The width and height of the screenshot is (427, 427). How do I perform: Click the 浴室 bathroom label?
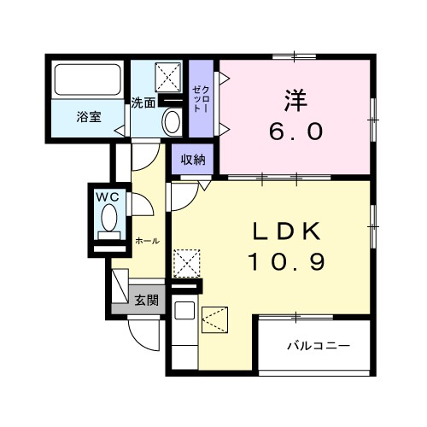click(x=89, y=117)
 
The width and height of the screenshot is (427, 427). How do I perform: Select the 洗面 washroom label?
click(x=143, y=103)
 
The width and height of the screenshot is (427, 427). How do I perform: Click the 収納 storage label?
click(x=193, y=159)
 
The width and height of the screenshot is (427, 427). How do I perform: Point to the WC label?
click(x=109, y=196)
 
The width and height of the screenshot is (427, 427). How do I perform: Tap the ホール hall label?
click(x=146, y=242)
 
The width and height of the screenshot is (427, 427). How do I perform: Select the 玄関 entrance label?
click(x=146, y=300)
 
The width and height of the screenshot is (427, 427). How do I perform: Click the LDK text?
click(x=285, y=231)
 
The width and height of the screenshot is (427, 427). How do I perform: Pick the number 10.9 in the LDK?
click(x=285, y=261)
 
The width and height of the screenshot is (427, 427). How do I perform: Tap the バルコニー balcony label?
click(x=318, y=347)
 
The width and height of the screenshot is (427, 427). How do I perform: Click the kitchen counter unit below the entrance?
click(x=184, y=337)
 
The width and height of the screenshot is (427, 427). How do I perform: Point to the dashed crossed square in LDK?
click(x=187, y=261)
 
